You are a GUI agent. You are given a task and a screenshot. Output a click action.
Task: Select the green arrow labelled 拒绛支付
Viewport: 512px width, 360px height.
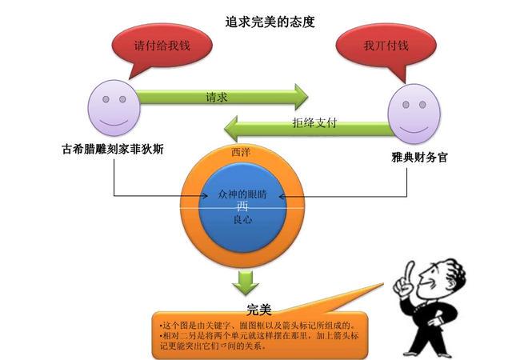coord(307,126)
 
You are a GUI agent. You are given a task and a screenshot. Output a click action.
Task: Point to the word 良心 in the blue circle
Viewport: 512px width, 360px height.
coord(242,220)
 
